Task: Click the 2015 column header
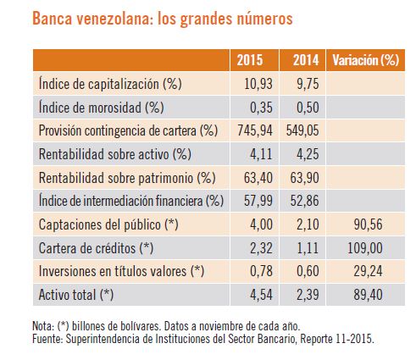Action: [250, 60]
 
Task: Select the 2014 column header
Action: [306, 60]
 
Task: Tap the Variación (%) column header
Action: [366, 60]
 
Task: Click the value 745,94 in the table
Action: [255, 130]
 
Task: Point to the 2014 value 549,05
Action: [302, 130]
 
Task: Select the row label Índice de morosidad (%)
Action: [101, 108]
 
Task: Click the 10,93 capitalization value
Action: [258, 84]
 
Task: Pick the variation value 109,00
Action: [365, 248]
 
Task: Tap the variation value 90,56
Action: [368, 224]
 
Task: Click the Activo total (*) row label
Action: [76, 295]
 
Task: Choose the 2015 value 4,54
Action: [261, 295]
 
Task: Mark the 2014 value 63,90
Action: [304, 178]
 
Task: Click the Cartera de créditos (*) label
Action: [96, 248]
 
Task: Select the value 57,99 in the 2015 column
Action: [258, 201]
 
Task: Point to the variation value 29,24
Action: [368, 271]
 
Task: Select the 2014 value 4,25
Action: [308, 154]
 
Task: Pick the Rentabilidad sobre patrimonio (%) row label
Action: [127, 178]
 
